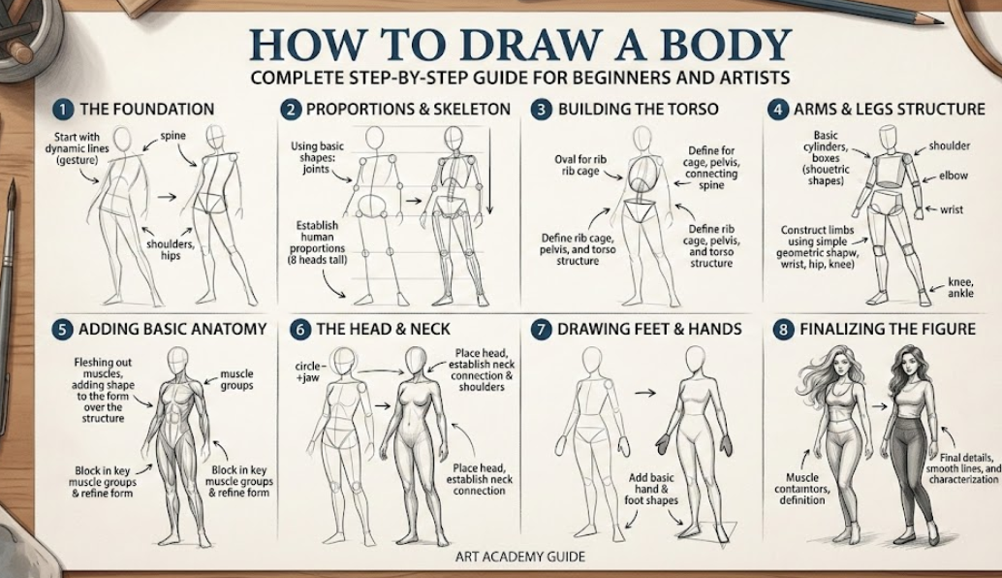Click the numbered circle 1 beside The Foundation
tap(60, 109)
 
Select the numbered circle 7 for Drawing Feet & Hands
tap(542, 329)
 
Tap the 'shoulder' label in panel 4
tap(949, 145)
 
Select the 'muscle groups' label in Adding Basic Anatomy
tap(237, 378)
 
